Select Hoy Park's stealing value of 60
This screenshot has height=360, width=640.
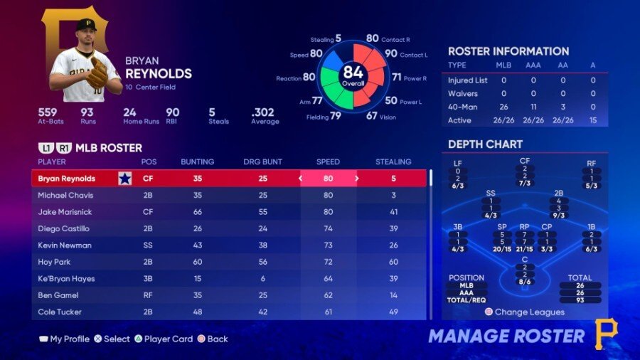[x=393, y=262]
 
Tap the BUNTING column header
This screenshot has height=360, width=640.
[x=197, y=162]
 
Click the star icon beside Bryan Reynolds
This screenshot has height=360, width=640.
[x=125, y=179]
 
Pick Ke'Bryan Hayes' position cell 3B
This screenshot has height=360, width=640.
[x=149, y=278]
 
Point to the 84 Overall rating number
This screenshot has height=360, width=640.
[x=353, y=72]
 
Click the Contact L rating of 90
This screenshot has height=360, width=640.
[x=391, y=53]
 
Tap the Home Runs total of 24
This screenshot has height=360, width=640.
[x=129, y=112]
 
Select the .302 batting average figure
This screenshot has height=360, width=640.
[x=263, y=112]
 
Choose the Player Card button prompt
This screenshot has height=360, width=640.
[x=169, y=339]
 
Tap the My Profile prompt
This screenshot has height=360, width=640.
[x=69, y=339]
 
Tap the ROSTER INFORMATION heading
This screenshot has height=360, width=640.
[x=508, y=51]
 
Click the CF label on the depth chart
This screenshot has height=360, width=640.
[x=525, y=161]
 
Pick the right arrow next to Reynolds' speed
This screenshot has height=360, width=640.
[x=356, y=179]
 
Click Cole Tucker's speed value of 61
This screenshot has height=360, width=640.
[x=328, y=312]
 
